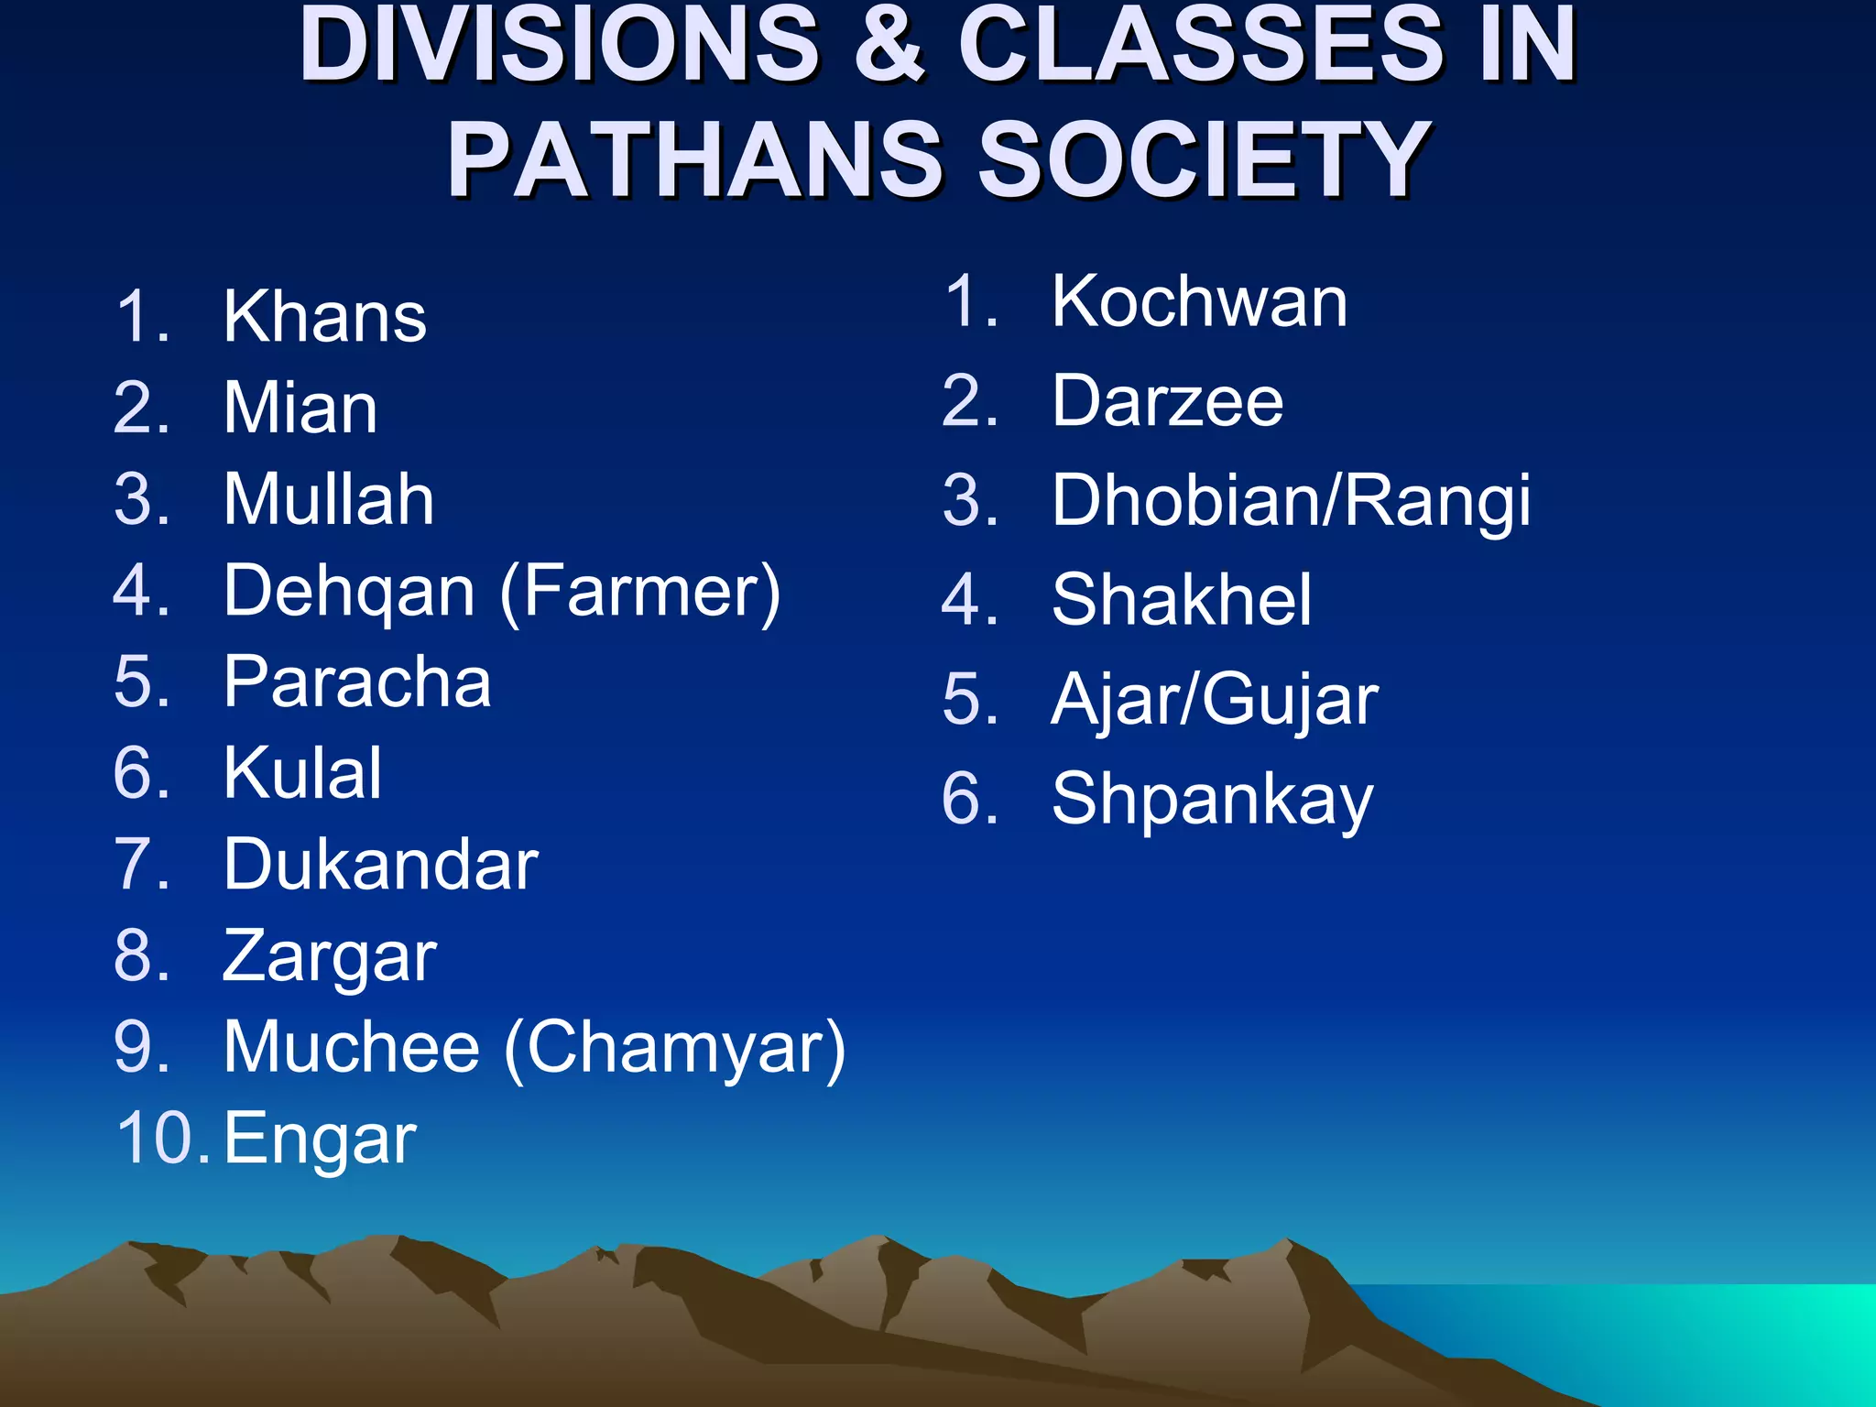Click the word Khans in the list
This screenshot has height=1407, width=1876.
[325, 317]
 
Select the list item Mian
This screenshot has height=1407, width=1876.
[300, 409]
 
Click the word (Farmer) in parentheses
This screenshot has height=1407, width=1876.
[640, 592]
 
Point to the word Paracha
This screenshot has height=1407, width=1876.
[357, 682]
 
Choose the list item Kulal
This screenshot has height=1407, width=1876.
[302, 773]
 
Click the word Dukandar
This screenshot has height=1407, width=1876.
[381, 865]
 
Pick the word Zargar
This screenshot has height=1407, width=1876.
[330, 958]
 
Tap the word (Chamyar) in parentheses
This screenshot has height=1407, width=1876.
[675, 1048]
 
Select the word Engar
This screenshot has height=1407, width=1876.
[321, 1140]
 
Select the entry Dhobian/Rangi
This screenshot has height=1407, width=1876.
[1291, 501]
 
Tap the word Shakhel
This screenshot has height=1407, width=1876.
[1182, 600]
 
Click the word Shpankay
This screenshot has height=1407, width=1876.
[1213, 800]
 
